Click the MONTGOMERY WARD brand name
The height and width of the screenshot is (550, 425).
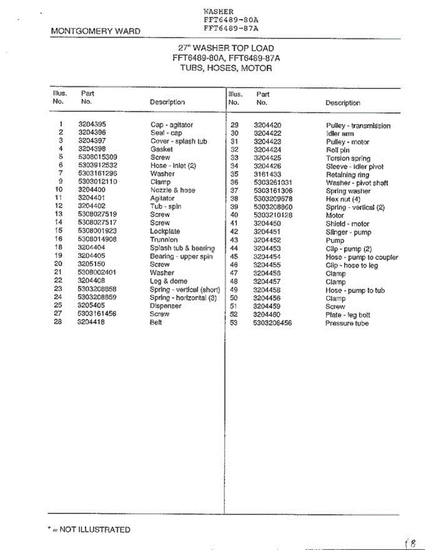coord(96,31)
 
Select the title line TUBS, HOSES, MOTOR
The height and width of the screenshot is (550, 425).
coord(226,68)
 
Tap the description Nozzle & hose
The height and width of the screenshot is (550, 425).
coord(172,190)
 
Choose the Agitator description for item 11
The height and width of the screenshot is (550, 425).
coord(162,198)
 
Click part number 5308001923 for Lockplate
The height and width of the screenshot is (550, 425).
coord(97,231)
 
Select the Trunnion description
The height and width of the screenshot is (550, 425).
coord(164,240)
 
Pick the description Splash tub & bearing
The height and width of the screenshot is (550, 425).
coord(182,248)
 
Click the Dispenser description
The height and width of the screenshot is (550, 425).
coord(166,306)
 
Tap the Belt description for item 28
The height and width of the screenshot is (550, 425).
coord(156,322)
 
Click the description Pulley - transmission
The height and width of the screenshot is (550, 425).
coord(358,126)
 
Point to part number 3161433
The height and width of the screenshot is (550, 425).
coord(267,175)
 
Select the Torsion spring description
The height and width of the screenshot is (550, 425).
coord(348,159)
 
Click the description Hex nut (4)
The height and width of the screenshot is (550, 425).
coord(343,199)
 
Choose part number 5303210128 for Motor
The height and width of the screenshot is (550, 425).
coord(273,215)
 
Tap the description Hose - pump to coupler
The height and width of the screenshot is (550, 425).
coord(362,257)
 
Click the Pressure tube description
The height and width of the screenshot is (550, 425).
coord(347,323)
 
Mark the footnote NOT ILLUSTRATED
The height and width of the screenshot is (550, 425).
coord(90,530)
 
